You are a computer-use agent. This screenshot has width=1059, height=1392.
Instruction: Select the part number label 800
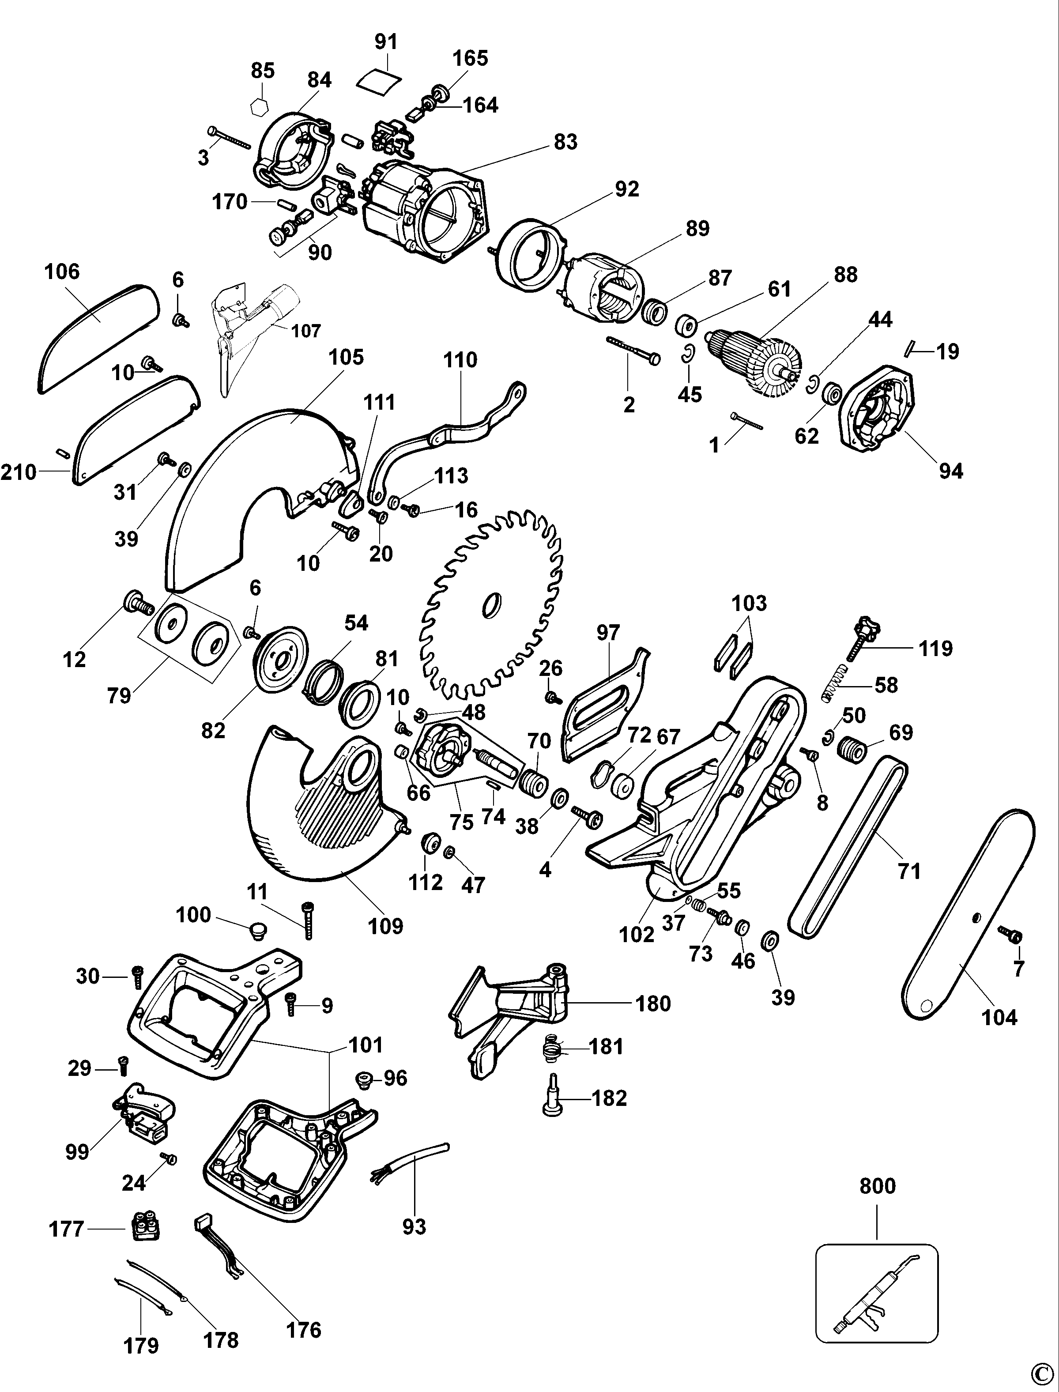(x=878, y=1186)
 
